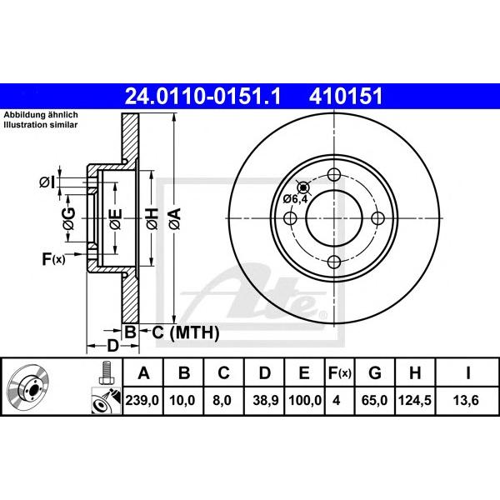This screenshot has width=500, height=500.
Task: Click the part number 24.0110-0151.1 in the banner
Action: point(202,97)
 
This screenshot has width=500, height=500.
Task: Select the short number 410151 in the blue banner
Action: point(345,97)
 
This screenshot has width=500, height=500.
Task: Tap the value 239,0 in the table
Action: point(142,400)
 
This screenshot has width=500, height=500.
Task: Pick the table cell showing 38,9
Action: point(266,400)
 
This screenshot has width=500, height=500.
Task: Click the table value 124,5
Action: point(415,400)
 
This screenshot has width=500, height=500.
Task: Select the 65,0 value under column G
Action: point(374,400)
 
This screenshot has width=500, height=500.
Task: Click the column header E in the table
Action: point(304,372)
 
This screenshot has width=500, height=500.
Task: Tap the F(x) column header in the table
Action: point(340,372)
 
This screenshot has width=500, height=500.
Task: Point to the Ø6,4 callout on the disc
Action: point(296,199)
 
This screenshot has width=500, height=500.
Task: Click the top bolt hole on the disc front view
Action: point(334,175)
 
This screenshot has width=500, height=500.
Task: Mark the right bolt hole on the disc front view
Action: point(378,218)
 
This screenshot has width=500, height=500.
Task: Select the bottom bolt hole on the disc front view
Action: point(334,262)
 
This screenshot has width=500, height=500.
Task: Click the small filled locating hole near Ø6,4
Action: point(303,187)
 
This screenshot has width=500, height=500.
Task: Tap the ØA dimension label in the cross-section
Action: point(175,218)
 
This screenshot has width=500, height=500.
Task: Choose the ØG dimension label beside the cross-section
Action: point(68,218)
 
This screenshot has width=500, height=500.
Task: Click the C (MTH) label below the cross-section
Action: point(185,332)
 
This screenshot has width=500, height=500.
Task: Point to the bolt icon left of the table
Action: point(106,372)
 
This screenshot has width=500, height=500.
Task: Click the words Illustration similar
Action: point(41,125)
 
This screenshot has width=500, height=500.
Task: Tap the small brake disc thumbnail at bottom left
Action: point(28,386)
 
